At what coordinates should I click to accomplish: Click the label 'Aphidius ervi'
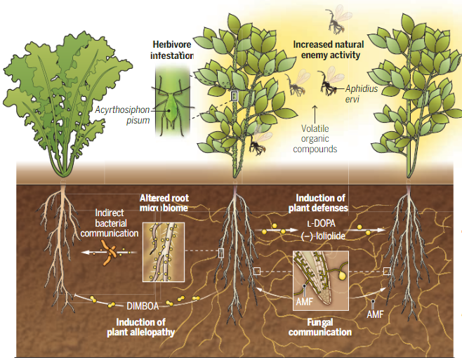pos(359,93)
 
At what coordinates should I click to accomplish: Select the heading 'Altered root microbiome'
pos(164,203)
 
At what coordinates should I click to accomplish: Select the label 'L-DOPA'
pos(319,223)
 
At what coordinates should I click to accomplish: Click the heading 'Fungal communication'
pos(320,327)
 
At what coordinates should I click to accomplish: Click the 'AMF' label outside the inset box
pos(376,314)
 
